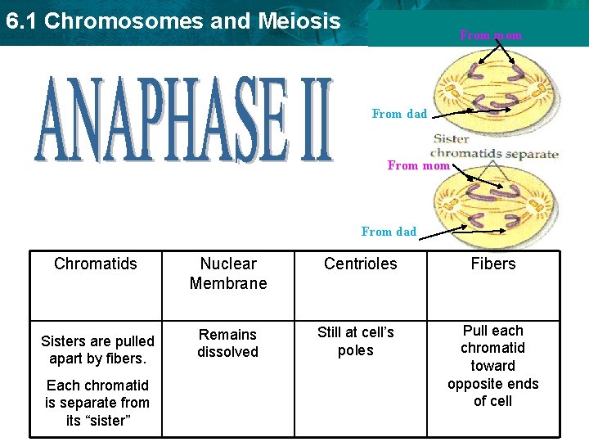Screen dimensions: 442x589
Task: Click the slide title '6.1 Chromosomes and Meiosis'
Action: pos(173,21)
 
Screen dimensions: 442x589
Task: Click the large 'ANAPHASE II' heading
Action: pos(184,120)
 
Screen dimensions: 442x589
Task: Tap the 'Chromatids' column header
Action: pos(96,264)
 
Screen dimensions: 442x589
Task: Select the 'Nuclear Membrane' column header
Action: pos(228,273)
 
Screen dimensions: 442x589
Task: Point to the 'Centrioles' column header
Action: pos(361,264)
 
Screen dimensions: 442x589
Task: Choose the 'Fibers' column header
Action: pos(493,264)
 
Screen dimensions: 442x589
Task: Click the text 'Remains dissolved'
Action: pos(228,343)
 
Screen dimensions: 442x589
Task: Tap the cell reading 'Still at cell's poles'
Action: pos(356,341)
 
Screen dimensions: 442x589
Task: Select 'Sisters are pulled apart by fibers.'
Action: pos(97,350)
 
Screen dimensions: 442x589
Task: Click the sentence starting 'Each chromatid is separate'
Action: pos(97,403)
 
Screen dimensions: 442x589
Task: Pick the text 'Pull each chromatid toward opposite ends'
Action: pos(493,365)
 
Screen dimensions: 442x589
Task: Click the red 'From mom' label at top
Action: pos(491,36)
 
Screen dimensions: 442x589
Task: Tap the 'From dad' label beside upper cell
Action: pos(399,115)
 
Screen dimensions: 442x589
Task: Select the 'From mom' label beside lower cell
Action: pos(418,165)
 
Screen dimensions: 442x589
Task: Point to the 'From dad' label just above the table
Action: pos(389,232)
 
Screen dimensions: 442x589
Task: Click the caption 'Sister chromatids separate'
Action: pos(494,147)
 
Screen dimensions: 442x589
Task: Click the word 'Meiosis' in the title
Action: pos(298,21)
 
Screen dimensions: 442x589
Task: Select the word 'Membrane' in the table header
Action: pos(228,283)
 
